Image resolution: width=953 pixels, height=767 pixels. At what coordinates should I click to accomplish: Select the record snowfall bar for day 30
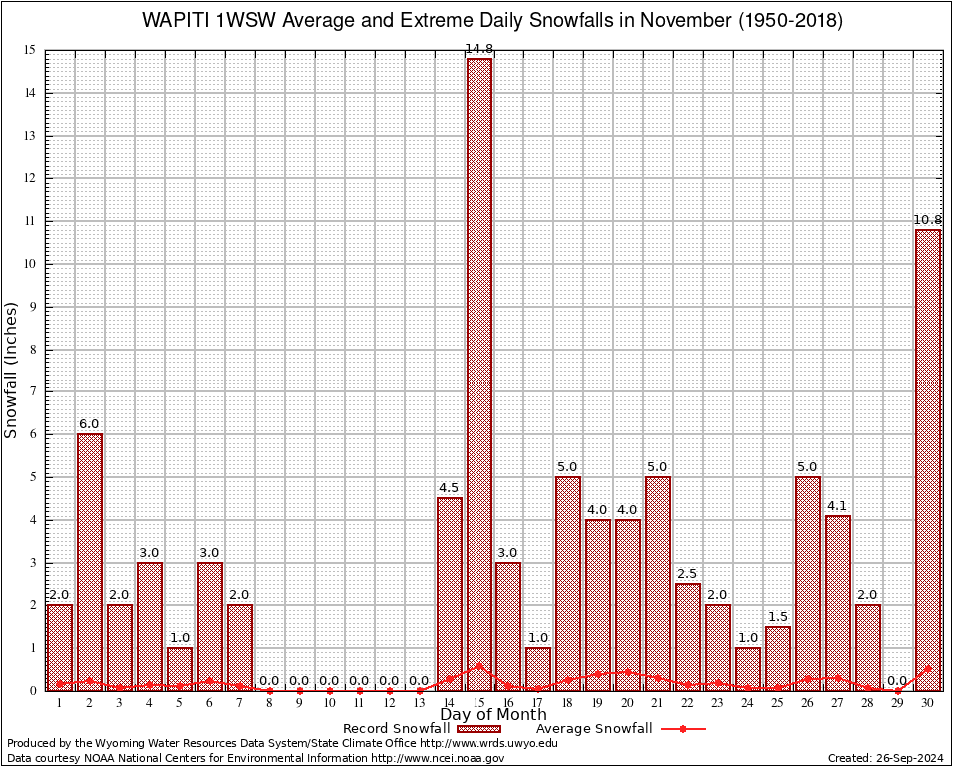point(928,459)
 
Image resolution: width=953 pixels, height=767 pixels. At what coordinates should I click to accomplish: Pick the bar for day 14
point(450,593)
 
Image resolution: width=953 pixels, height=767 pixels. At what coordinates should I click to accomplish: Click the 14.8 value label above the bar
point(478,50)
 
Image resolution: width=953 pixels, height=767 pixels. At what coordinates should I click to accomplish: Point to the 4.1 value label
point(838,508)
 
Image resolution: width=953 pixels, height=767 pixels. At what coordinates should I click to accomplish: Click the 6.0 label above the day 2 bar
point(90,424)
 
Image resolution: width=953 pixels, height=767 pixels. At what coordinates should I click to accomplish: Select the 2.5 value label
point(688,574)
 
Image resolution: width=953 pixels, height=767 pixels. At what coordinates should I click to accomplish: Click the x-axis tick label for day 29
point(898,703)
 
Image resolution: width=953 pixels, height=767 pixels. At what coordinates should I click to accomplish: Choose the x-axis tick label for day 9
point(300,703)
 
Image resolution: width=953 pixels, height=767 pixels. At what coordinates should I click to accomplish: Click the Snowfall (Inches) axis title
point(12,370)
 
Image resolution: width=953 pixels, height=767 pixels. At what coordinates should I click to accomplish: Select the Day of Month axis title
point(493,715)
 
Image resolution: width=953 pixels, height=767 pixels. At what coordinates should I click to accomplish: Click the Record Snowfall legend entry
point(396,729)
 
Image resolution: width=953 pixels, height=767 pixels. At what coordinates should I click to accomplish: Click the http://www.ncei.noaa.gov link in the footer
point(438,758)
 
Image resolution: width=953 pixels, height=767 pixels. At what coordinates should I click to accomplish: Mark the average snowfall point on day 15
point(478,665)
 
